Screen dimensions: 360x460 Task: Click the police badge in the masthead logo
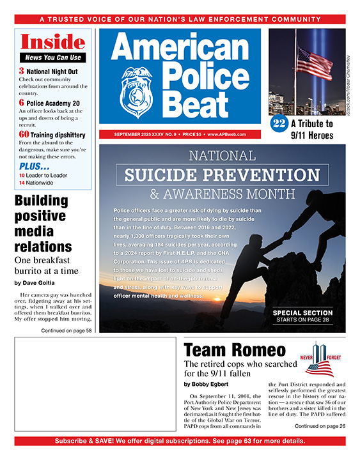pos(135,94)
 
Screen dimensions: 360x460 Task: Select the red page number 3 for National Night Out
pos(21,72)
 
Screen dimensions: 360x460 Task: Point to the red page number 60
pos(24,134)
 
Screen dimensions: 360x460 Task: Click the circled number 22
pos(279,124)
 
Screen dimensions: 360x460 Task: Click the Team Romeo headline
pos(235,350)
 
